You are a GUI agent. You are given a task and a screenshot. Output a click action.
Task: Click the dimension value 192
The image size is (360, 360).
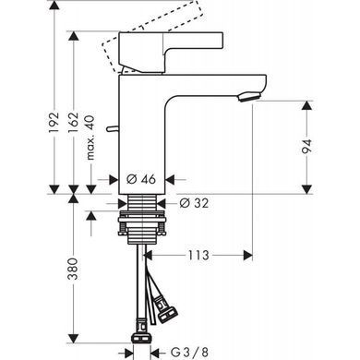point(54,122)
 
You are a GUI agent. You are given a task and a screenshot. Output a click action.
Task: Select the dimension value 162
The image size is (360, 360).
point(73,123)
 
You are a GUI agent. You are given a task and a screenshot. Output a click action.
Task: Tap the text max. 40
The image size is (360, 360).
point(90,138)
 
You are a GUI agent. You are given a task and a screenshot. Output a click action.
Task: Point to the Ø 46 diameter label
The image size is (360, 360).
point(141,179)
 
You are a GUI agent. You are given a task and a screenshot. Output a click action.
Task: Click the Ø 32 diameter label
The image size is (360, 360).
point(194,203)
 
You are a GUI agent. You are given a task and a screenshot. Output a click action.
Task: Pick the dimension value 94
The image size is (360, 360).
point(306,146)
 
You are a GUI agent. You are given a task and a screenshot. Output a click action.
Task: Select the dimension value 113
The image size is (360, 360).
point(198,255)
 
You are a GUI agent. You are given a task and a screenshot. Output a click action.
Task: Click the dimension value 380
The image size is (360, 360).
point(73,269)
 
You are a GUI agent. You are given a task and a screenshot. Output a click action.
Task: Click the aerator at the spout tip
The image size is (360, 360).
point(248,97)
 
